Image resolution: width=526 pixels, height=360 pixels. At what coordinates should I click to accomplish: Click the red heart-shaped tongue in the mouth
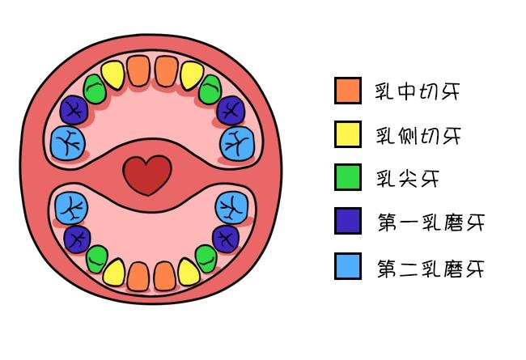click(x=147, y=175)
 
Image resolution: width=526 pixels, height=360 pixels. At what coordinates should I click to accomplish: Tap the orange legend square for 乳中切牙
click(x=347, y=91)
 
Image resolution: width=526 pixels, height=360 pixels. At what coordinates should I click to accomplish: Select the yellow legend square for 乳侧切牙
click(x=347, y=134)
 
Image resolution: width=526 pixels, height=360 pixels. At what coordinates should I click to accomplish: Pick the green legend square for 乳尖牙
click(x=347, y=177)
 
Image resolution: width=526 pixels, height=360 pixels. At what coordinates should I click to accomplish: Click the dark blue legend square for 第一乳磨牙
click(x=347, y=221)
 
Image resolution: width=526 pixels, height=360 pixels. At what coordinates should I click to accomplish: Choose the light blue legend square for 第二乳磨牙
click(x=347, y=265)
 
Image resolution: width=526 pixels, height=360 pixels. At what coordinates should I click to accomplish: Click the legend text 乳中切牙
click(x=418, y=91)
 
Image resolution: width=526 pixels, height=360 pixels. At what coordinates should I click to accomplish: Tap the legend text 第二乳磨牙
click(x=431, y=267)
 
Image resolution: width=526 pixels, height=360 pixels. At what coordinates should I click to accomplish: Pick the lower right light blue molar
click(x=232, y=207)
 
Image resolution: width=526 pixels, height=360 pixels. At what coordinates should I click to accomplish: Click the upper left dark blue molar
click(x=74, y=109)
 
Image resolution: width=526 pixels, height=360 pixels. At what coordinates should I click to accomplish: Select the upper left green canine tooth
click(x=95, y=88)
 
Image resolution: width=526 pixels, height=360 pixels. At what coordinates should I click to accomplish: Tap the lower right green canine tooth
click(x=206, y=258)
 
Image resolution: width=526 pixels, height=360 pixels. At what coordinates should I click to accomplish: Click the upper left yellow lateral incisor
click(x=115, y=75)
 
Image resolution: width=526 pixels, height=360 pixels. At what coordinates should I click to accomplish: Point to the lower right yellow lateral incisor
click(x=188, y=273)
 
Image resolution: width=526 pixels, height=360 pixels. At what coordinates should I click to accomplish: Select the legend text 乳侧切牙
click(x=418, y=136)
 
